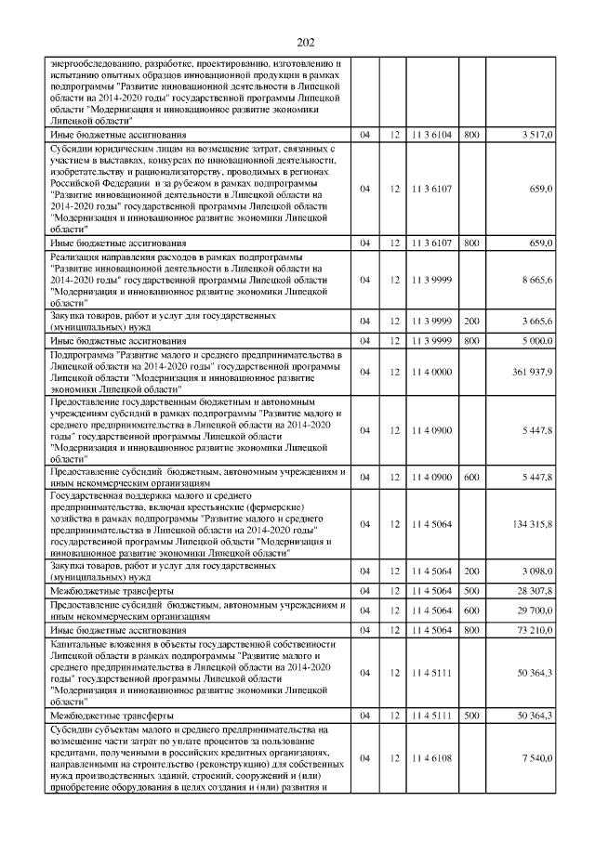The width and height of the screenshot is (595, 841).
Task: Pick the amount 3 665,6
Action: click(535, 322)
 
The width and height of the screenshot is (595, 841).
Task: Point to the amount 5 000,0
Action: click(535, 341)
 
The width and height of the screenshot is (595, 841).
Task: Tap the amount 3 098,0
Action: click(535, 570)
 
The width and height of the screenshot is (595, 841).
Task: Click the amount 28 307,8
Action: click(534, 590)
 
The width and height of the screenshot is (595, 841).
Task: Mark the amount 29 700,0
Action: click(534, 610)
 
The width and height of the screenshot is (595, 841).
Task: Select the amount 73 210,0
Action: click(534, 630)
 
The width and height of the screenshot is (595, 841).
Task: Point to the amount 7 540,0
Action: click(535, 759)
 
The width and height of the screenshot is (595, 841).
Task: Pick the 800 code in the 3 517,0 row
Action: click(471, 135)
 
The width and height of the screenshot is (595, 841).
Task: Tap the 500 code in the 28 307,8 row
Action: click(471, 590)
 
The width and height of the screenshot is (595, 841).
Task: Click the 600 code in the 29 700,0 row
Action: click(471, 610)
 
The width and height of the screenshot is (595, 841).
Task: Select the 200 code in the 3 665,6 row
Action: click(471, 322)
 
